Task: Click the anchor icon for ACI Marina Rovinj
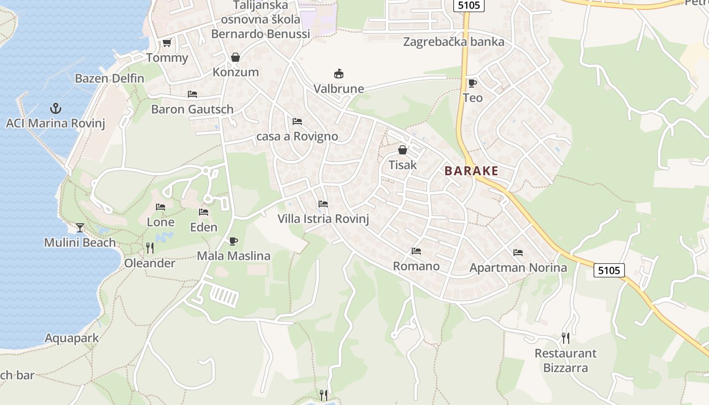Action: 55,108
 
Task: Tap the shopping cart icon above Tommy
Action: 167,43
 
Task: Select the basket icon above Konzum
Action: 235,57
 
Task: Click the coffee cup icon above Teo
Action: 472,83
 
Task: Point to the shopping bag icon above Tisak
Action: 403,150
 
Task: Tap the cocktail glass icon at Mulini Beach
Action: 80,228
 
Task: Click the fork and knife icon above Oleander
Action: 149,248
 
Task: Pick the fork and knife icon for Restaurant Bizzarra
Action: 566,338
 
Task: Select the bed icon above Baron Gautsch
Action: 192,94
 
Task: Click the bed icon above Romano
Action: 416,251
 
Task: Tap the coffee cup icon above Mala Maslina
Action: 233,241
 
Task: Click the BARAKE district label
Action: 471,171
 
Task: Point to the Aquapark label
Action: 72,338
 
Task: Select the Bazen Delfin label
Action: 109,78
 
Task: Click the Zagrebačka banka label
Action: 454,42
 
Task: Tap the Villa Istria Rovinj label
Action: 323,219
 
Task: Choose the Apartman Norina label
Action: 518,267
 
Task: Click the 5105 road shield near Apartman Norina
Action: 609,270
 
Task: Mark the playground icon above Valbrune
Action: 338,74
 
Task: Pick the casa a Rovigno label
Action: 297,137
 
